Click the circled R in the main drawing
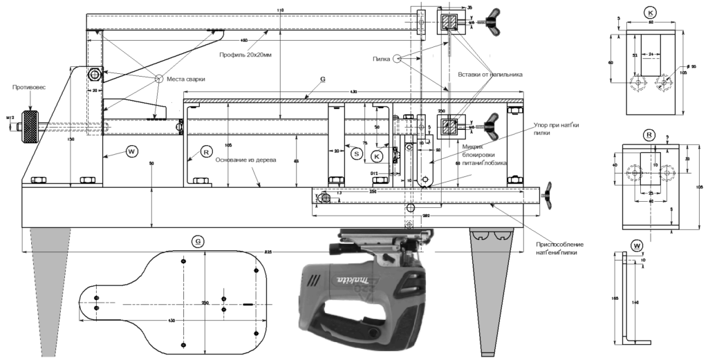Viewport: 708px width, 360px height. click(x=205, y=150)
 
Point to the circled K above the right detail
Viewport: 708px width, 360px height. click(x=649, y=12)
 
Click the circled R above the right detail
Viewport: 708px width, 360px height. click(x=649, y=134)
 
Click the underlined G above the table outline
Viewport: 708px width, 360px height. click(x=198, y=241)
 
